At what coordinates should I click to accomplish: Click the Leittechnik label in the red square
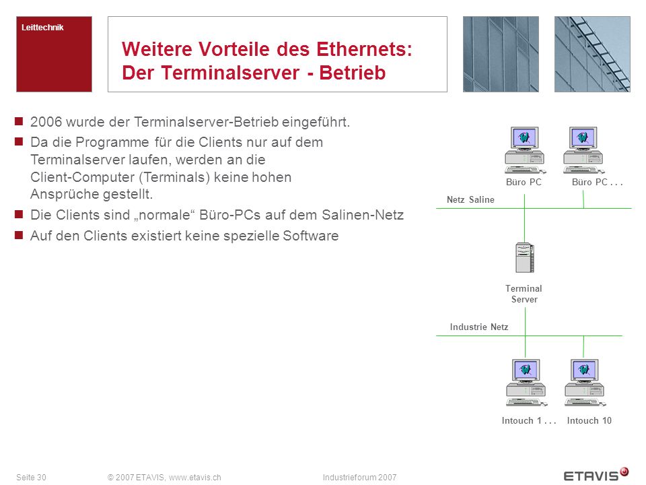[42, 28]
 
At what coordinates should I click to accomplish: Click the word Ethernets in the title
[364, 49]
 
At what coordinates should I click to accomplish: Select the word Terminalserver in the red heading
[230, 73]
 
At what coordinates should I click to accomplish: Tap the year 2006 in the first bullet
[46, 122]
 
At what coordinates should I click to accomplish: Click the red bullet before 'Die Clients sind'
[19, 214]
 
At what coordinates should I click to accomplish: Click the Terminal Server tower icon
[524, 257]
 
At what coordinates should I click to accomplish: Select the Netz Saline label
[470, 199]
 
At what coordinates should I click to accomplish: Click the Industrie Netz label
[478, 327]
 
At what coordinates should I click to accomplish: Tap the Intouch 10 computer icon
[585, 383]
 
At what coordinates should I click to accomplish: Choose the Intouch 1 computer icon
[526, 383]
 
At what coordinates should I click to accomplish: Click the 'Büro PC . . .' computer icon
[583, 150]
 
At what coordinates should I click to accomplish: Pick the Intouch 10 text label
[589, 420]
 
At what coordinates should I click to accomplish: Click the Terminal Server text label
[524, 294]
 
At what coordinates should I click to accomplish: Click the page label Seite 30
[32, 477]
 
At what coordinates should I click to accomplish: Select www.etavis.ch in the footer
[195, 477]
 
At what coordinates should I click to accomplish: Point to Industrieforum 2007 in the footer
[359, 477]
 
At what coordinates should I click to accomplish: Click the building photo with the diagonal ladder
[592, 54]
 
